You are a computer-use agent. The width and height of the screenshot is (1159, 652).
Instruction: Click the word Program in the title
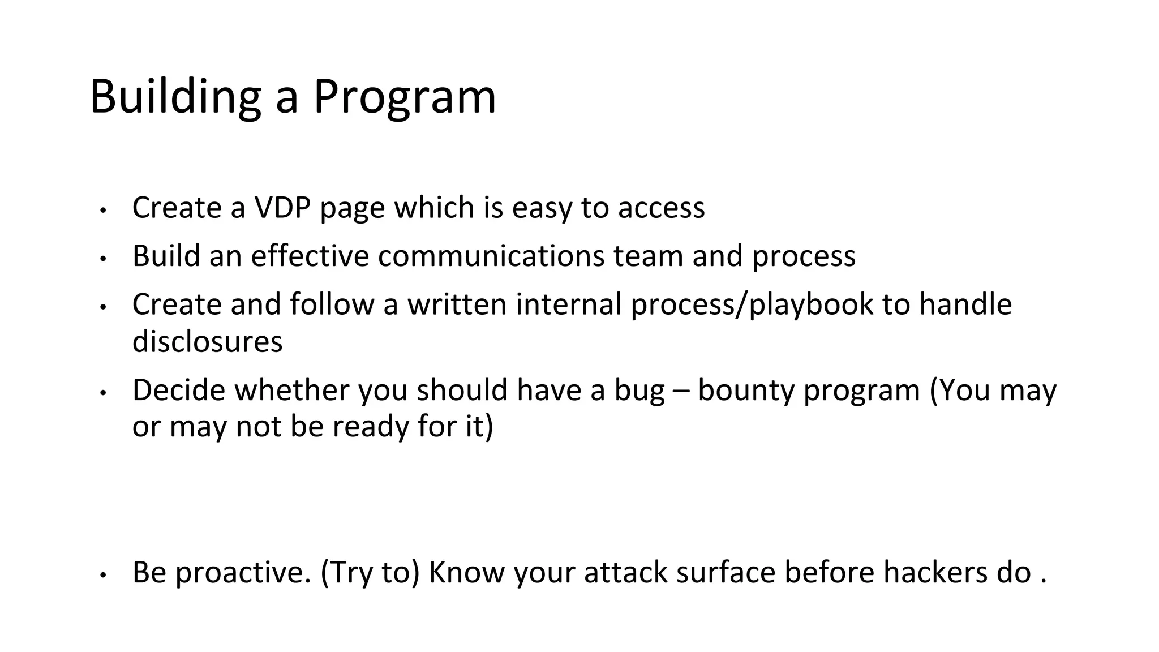click(x=405, y=97)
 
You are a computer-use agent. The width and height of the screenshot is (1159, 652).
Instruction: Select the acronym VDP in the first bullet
click(x=282, y=208)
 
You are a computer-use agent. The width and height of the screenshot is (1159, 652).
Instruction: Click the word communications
click(x=491, y=256)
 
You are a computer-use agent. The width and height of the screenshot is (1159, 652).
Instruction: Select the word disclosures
click(x=207, y=342)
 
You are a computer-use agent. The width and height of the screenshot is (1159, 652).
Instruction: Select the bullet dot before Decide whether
click(x=102, y=392)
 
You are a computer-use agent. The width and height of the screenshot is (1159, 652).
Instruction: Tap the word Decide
click(x=179, y=391)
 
